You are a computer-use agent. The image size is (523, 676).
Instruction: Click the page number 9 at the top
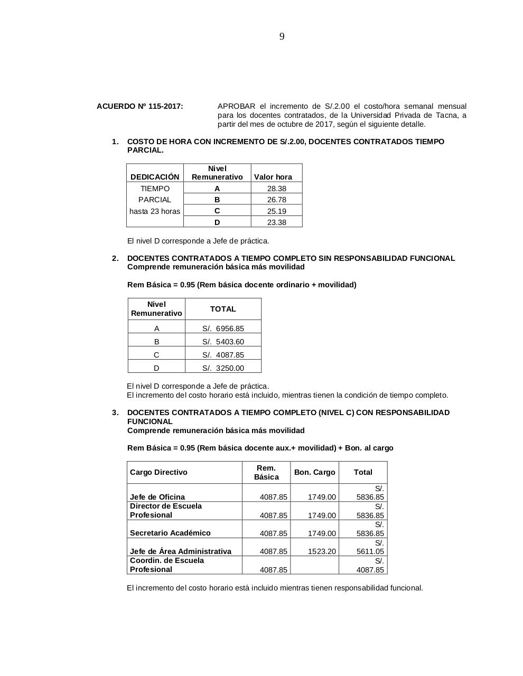282,36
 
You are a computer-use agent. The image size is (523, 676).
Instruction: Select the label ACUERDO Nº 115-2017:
140,106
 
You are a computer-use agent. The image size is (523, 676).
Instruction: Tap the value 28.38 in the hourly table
276,189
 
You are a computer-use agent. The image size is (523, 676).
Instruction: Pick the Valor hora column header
273,177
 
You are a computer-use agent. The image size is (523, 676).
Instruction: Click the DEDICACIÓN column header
155,177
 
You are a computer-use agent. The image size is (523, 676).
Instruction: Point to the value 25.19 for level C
276,211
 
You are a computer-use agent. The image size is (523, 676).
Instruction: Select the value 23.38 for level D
276,222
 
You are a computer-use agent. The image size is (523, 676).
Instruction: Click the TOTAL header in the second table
223,309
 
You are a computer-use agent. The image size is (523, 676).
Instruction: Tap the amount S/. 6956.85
223,328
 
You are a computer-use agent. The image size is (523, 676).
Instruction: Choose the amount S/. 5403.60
223,342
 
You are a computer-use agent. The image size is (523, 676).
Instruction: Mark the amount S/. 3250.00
223,368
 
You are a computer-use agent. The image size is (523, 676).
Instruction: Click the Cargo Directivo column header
158,472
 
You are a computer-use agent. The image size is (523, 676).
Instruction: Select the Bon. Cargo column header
314,472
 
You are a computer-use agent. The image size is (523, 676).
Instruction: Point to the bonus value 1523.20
322,551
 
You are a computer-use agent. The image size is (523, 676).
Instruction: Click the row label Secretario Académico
170,533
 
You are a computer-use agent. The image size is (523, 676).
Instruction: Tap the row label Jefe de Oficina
157,497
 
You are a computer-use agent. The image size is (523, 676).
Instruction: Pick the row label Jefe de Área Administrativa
181,551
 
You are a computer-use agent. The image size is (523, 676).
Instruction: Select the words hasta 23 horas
155,211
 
